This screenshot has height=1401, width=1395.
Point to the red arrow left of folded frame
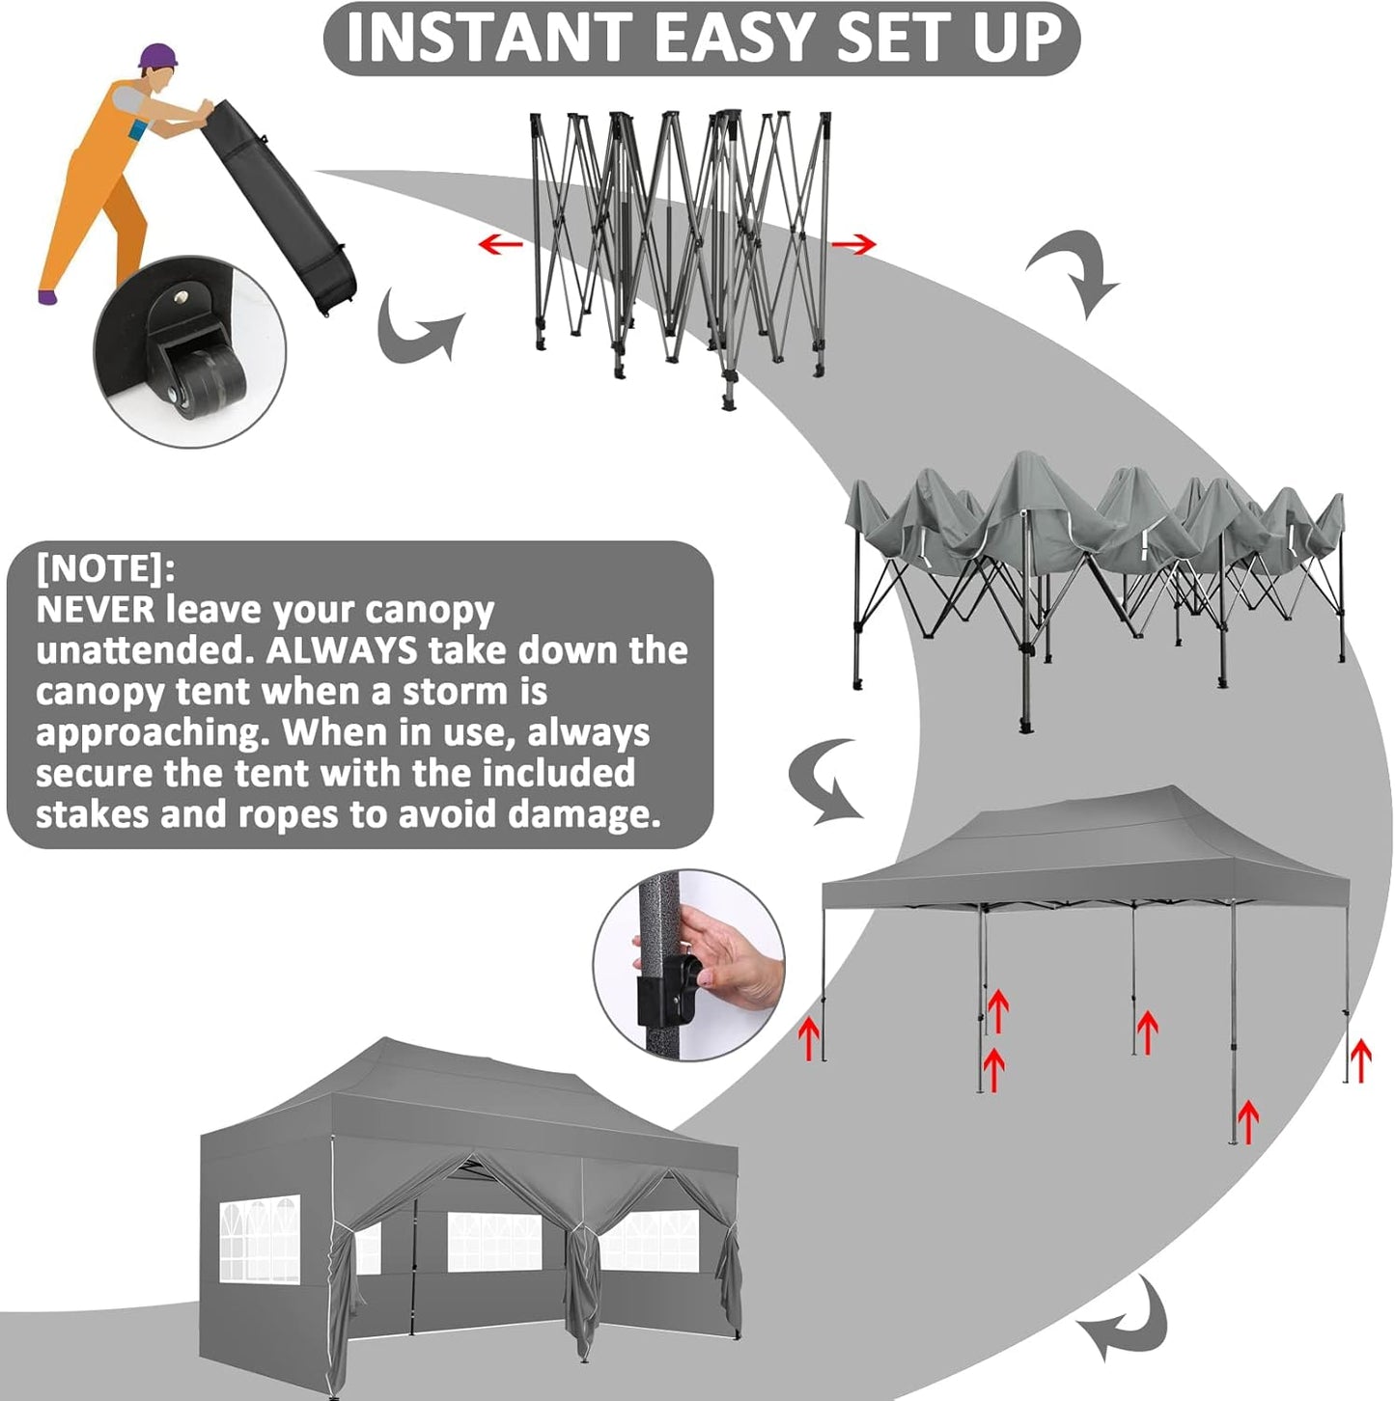pos(500,243)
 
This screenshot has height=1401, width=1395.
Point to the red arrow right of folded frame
pos(853,245)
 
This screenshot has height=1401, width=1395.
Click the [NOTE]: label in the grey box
pos(105,568)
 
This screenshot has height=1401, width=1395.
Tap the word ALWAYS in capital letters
pos(342,651)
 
